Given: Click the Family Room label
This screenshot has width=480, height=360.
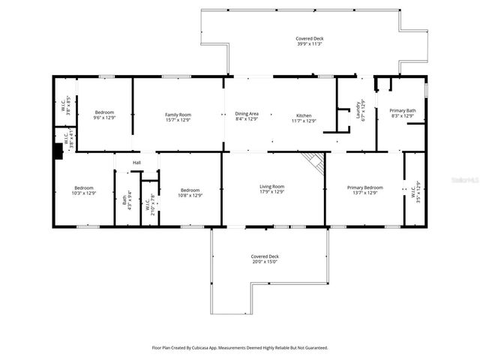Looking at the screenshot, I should (178, 114).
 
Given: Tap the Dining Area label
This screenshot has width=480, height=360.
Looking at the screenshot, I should (246, 114).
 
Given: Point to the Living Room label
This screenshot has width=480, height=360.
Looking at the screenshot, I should (271, 187).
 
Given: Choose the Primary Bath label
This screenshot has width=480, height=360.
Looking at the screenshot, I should (401, 111).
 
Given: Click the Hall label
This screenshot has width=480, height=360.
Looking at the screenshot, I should (136, 163).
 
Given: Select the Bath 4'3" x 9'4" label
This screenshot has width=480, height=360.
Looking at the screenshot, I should (125, 200).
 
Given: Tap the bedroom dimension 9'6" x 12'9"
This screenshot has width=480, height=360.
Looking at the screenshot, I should (103, 118).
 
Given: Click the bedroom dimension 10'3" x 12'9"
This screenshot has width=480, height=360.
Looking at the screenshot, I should (83, 193).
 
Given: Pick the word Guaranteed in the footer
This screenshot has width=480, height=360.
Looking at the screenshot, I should (313, 348).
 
